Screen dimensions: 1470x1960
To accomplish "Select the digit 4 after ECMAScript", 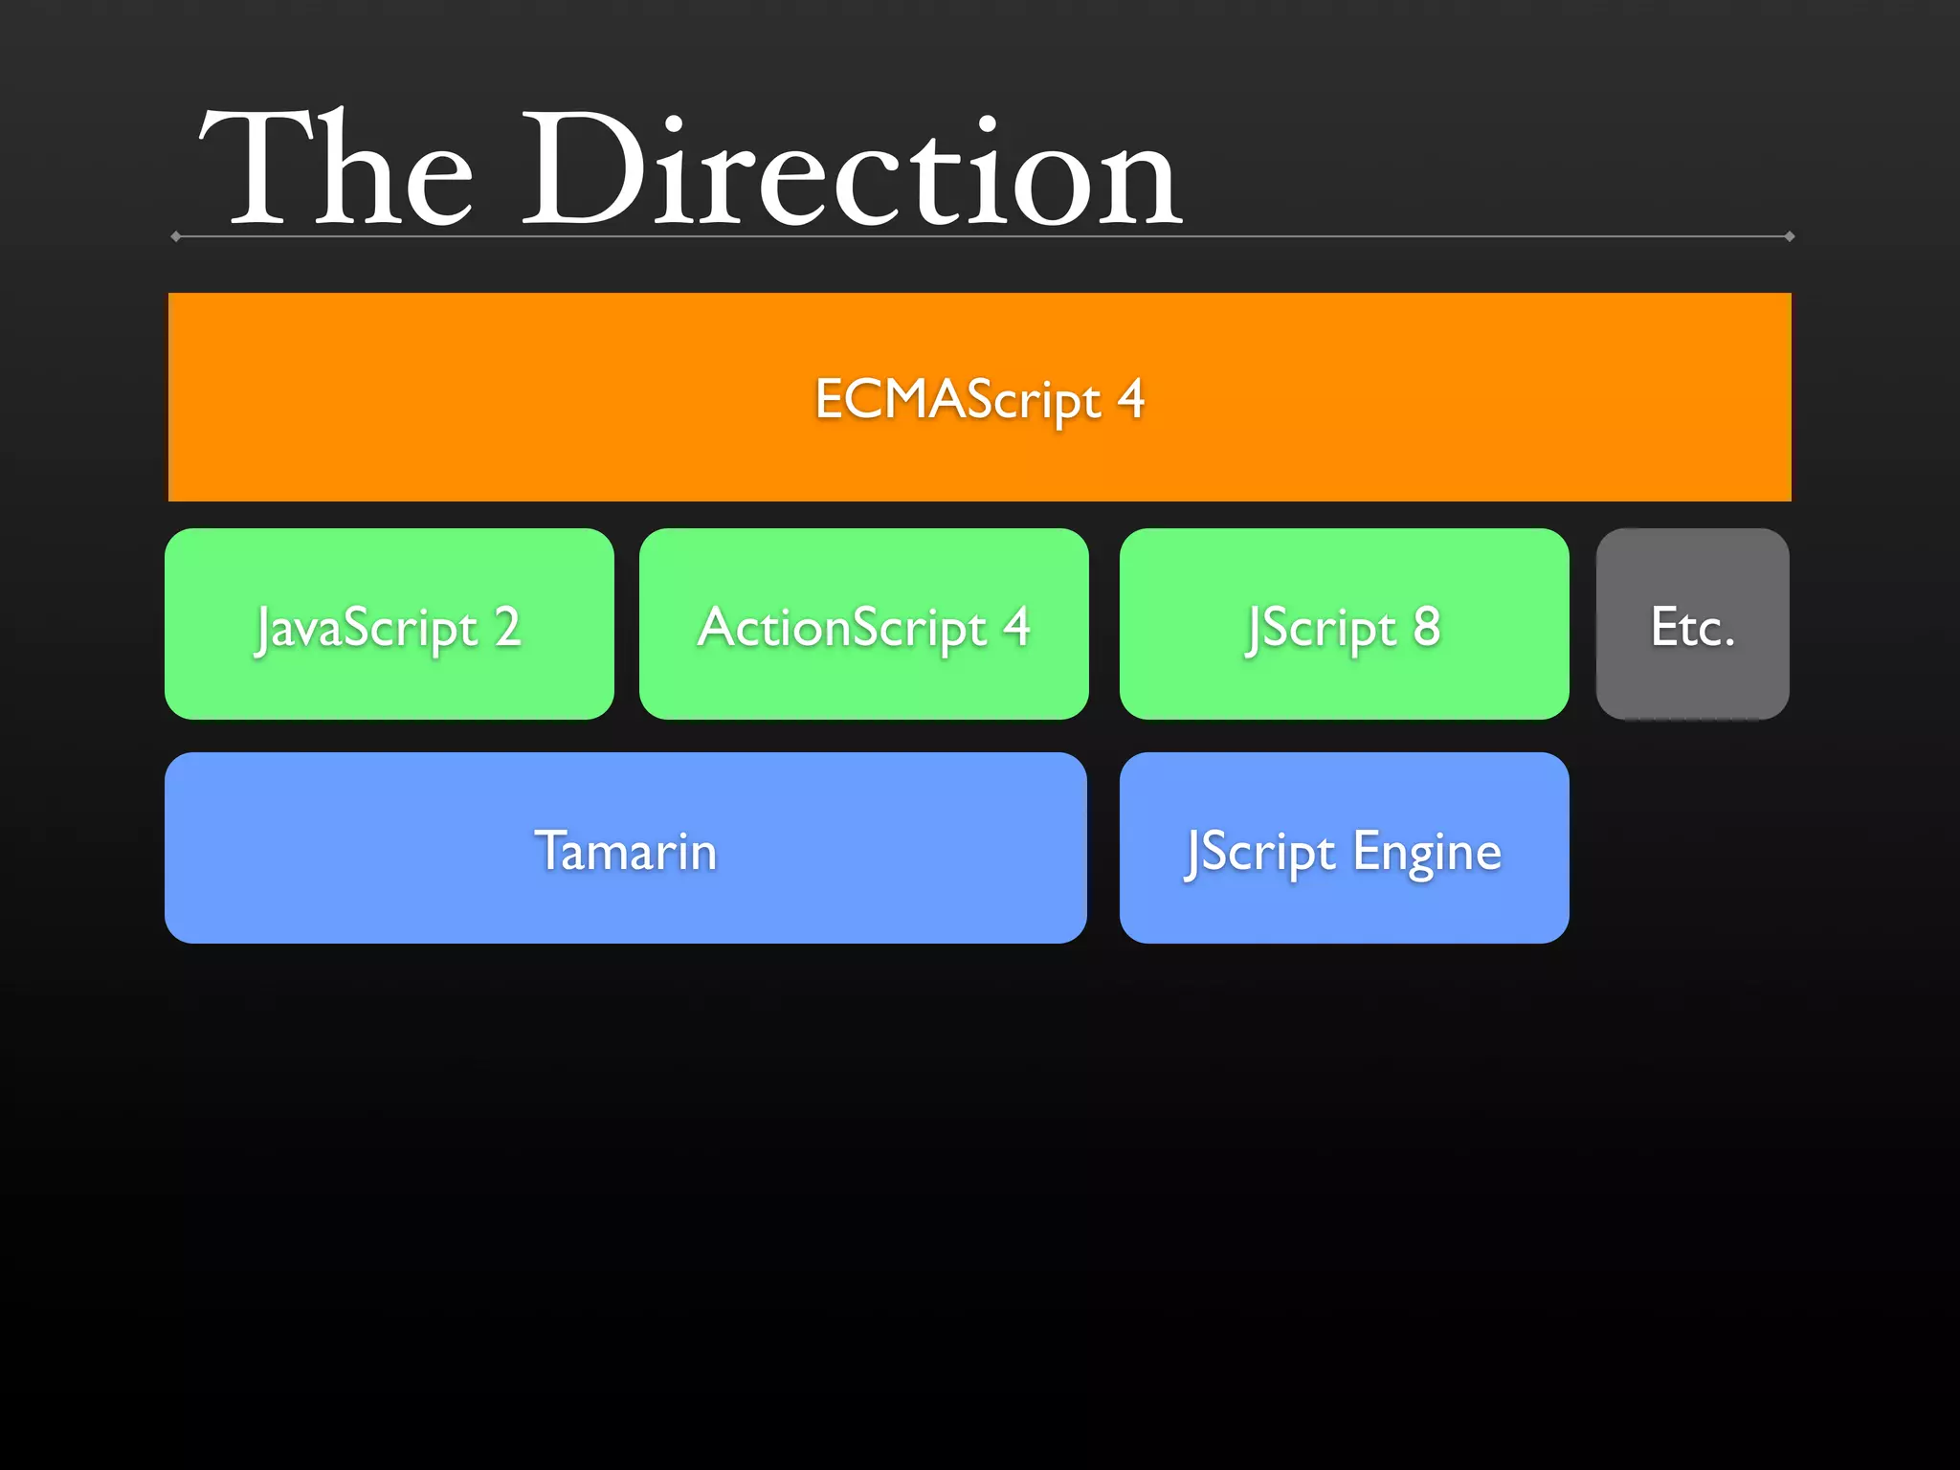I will tap(1131, 398).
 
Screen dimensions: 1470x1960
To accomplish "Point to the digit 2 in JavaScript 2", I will tap(507, 627).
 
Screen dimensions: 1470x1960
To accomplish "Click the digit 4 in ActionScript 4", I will tap(1016, 627).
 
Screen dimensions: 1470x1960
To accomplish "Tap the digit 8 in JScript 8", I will tap(1426, 627).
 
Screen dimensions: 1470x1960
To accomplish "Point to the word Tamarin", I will tap(626, 851).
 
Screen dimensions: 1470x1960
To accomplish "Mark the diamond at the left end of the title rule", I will tap(176, 236).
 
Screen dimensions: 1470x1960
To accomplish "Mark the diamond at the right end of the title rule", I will tap(1789, 236).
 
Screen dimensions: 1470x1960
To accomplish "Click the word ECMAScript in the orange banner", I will tap(957, 399).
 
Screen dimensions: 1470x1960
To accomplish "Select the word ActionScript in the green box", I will tap(842, 628).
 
